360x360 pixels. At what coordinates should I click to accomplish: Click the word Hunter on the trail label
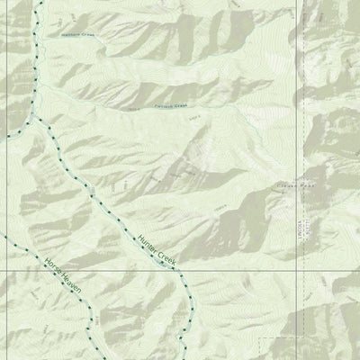tap(148, 243)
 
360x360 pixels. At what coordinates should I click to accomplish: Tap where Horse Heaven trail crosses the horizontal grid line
tap(56, 269)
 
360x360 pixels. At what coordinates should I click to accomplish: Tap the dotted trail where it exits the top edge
tap(40, 2)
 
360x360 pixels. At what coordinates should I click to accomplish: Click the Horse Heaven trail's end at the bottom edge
tap(94, 357)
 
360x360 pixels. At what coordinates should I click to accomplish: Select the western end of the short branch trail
tap(3, 136)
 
